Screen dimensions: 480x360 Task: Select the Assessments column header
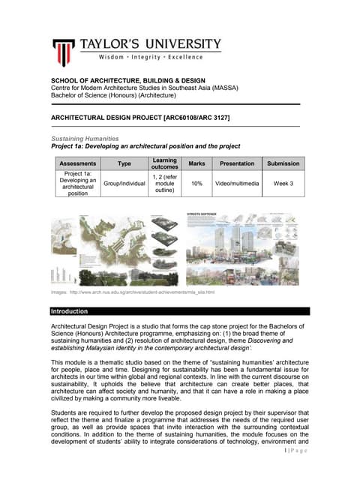[x=77, y=163]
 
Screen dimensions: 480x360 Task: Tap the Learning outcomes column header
[x=164, y=163]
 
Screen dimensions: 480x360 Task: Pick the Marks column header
[x=197, y=163]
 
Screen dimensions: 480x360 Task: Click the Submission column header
[x=283, y=163]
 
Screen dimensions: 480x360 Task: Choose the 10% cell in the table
[x=197, y=183]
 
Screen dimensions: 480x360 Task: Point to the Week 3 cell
[x=283, y=183]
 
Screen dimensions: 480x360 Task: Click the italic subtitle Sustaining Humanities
[x=84, y=139]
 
